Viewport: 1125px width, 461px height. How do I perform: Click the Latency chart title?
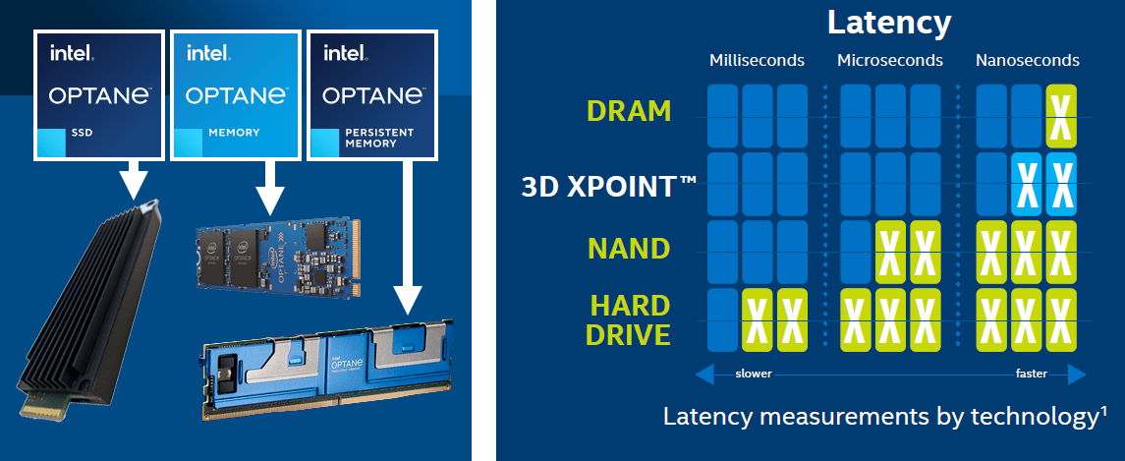(889, 23)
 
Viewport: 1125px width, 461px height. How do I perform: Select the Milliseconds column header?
(757, 61)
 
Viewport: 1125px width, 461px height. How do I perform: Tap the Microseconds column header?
(889, 61)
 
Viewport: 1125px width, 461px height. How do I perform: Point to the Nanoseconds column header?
(1027, 61)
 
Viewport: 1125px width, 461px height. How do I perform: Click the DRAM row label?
(629, 111)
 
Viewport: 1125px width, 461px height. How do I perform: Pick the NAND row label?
(629, 248)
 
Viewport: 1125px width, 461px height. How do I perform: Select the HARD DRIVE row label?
(629, 319)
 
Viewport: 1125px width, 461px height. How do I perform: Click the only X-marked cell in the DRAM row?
(1060, 116)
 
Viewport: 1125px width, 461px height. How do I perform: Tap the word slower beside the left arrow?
(754, 375)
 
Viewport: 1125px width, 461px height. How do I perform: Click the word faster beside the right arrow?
(1031, 375)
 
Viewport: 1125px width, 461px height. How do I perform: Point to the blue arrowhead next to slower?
(704, 375)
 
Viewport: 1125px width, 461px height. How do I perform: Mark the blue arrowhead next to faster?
(1076, 375)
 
